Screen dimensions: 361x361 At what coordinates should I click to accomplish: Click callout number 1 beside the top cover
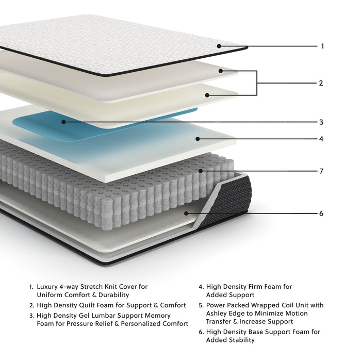click(322, 46)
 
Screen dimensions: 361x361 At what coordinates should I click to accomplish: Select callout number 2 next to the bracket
click(320, 83)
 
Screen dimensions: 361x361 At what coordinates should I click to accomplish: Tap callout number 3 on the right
click(321, 122)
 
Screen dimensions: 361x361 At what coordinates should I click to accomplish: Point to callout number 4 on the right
click(321, 139)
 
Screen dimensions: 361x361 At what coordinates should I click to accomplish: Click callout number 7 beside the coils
click(321, 171)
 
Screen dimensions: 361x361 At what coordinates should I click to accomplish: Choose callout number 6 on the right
click(321, 213)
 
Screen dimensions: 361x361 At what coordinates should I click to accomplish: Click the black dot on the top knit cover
click(219, 46)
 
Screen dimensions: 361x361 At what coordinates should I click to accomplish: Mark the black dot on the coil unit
click(201, 171)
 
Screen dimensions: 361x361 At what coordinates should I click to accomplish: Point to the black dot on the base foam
click(187, 212)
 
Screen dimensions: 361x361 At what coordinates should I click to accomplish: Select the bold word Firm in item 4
click(256, 286)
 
